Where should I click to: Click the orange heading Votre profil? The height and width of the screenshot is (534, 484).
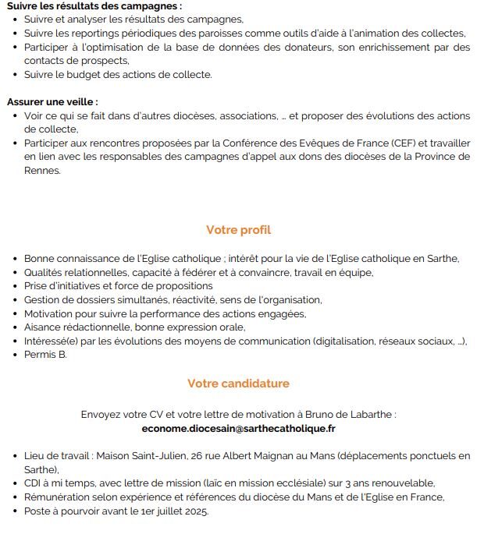pos(238,230)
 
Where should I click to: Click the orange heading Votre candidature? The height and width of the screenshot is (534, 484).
pos(238,384)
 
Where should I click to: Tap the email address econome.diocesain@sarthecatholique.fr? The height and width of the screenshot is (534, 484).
pos(238,429)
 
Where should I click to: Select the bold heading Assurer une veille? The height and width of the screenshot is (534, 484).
pos(52,101)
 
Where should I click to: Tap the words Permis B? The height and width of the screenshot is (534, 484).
pos(45,355)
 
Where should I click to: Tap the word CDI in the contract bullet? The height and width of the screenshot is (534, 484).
pos(34,483)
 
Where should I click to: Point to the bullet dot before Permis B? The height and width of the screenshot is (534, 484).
pos(15,355)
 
